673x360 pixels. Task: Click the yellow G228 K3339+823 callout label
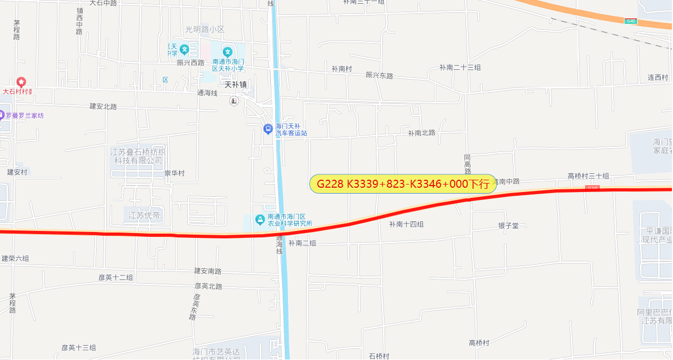(x=403, y=184)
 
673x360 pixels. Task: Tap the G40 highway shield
(x=631, y=21)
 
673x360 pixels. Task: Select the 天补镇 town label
(x=235, y=84)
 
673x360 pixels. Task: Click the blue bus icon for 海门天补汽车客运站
(x=268, y=129)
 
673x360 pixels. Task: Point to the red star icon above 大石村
(x=21, y=82)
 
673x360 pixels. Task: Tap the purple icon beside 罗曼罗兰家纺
(x=2, y=115)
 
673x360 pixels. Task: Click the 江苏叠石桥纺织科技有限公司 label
(x=138, y=156)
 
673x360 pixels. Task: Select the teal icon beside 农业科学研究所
(x=260, y=219)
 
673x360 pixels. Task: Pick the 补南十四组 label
(x=406, y=225)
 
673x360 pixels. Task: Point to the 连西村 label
(x=658, y=78)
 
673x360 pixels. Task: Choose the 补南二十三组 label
(x=460, y=68)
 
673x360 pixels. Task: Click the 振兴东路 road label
(x=379, y=76)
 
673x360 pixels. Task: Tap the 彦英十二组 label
(x=116, y=277)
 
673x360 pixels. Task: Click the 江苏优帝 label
(x=144, y=215)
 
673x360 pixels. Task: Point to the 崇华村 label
(x=174, y=173)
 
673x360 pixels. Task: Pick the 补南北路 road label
(x=421, y=133)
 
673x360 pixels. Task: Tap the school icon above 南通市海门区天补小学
(x=228, y=52)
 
